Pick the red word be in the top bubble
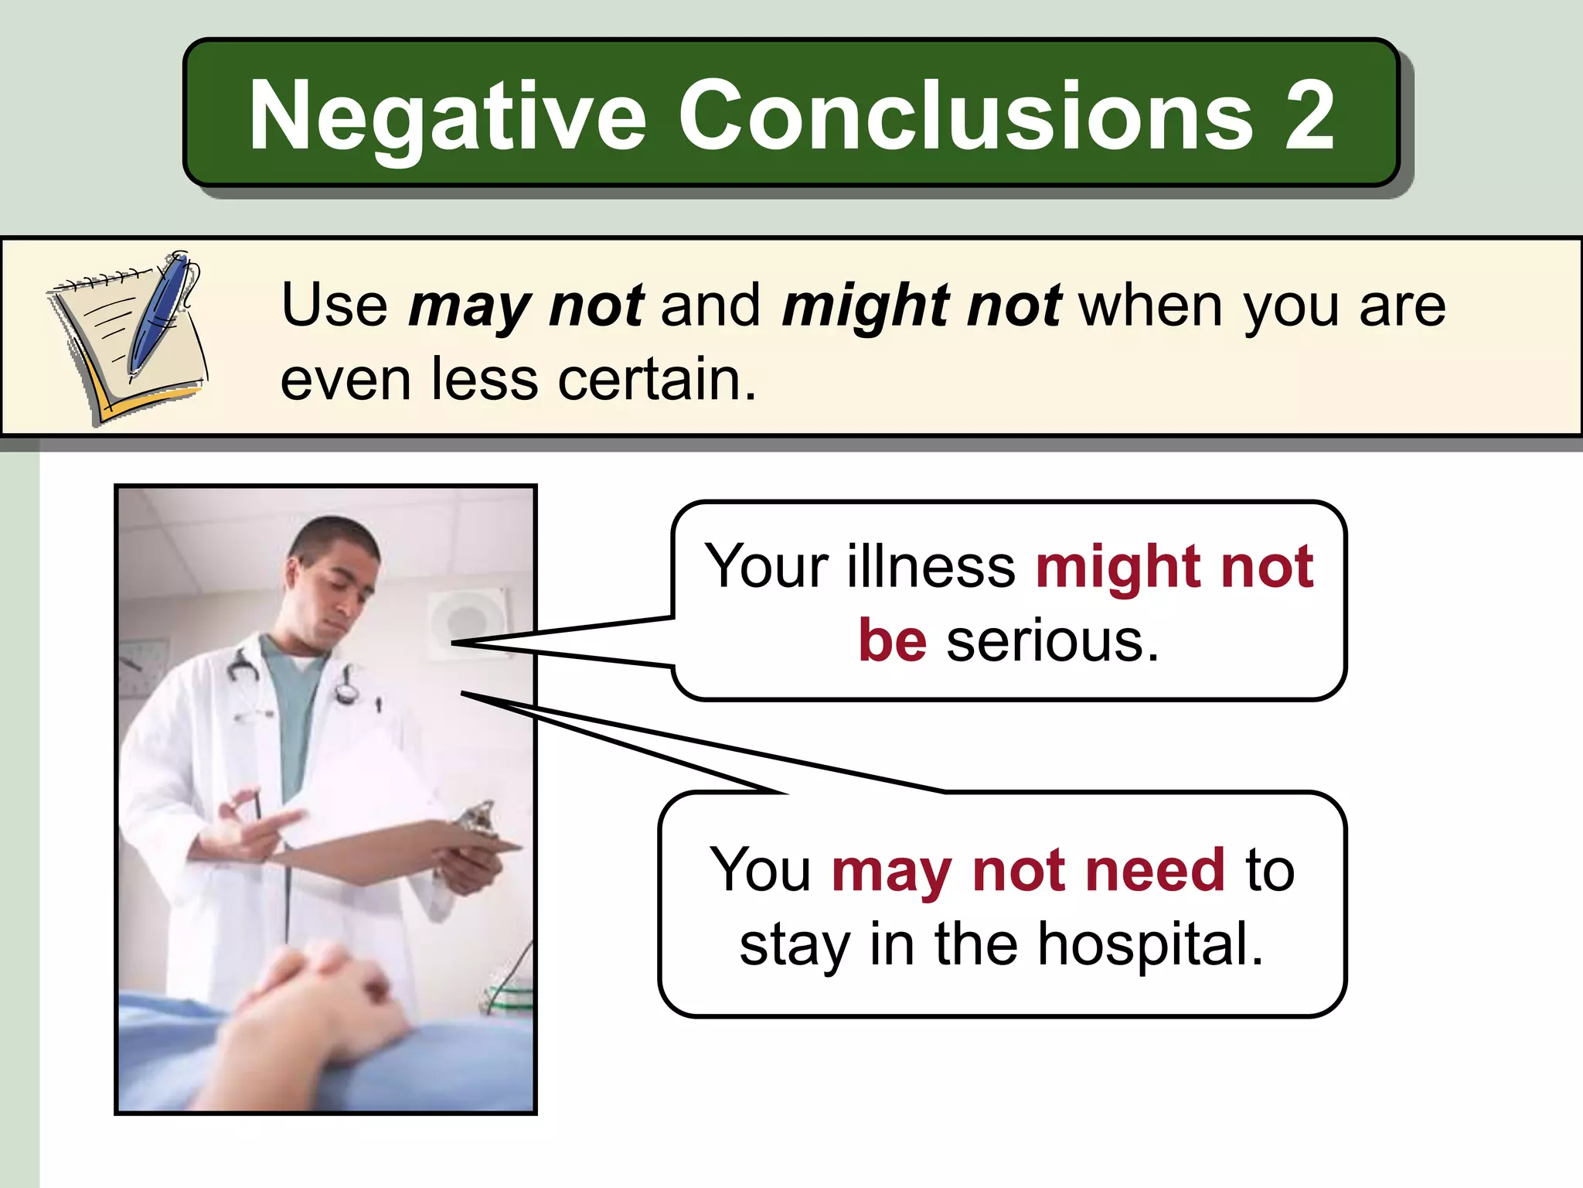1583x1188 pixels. pyautogui.click(x=892, y=640)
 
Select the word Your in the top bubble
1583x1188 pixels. pyautogui.click(x=766, y=566)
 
